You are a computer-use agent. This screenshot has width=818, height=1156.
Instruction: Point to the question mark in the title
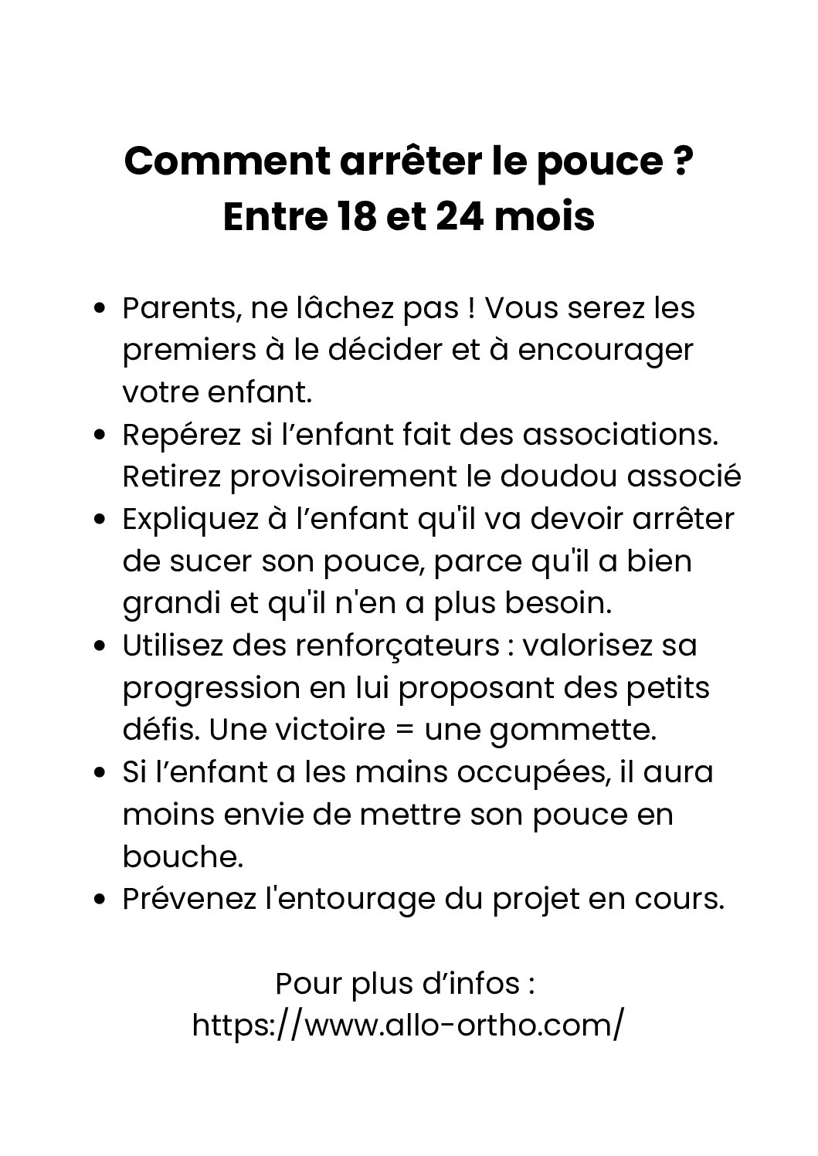681,162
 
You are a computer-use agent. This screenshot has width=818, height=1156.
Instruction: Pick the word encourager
606,351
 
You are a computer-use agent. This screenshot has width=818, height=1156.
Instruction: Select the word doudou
559,476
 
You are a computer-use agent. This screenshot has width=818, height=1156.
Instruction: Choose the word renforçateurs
387,646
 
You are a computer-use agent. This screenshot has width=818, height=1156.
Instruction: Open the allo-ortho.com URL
408,1025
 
